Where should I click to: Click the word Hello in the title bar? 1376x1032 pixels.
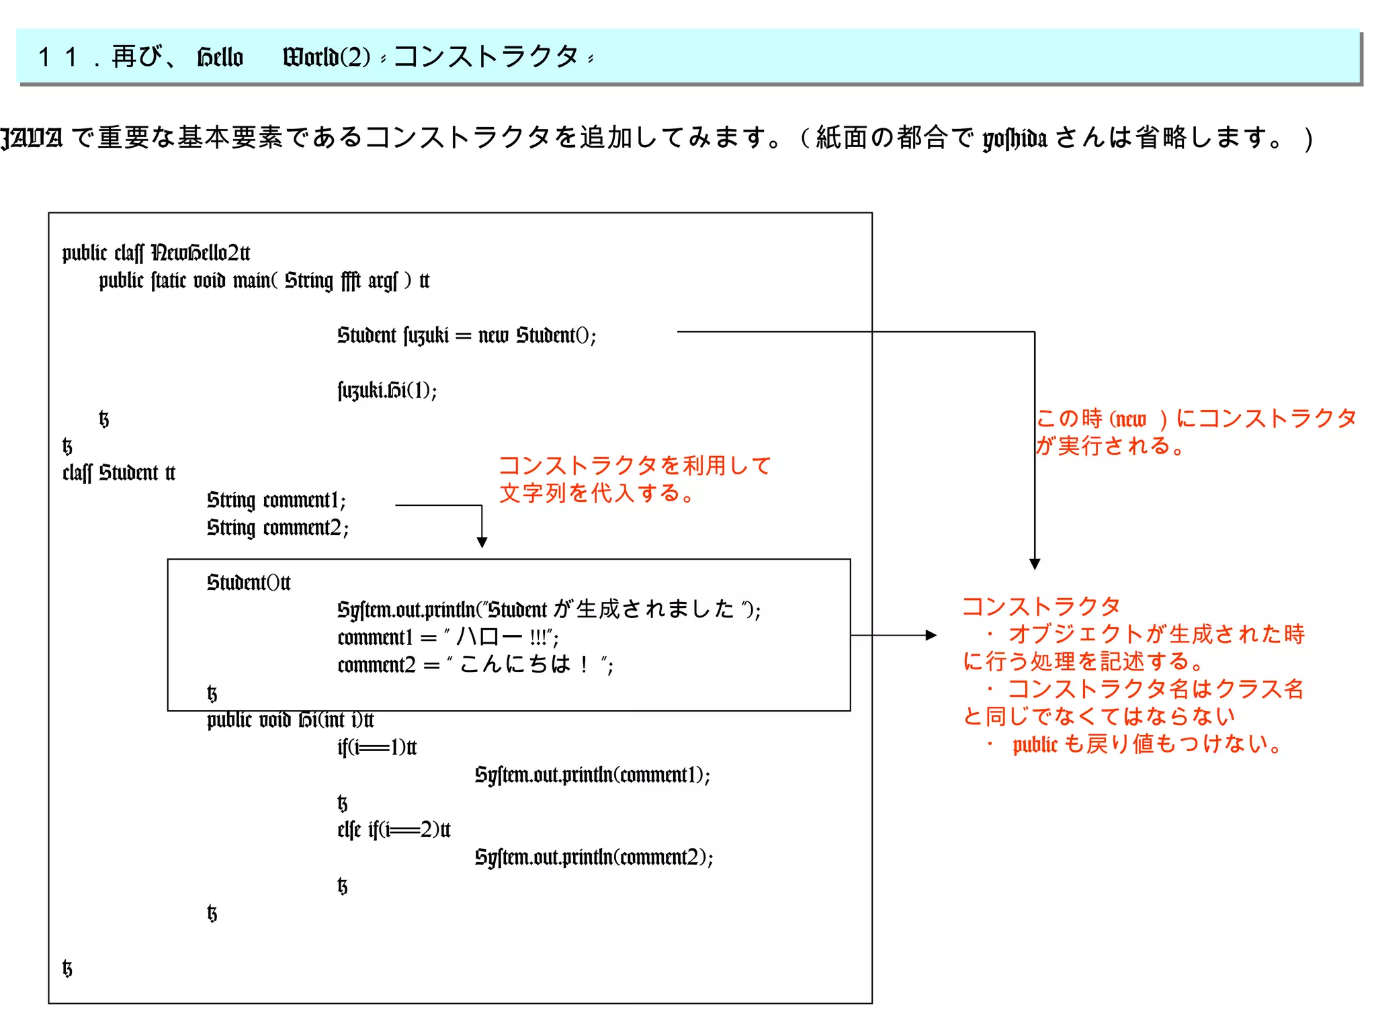220,57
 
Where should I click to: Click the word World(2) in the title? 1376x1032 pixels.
327,57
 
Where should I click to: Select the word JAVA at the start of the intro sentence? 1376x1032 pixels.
32,138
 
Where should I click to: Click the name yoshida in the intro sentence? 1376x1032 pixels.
1015,138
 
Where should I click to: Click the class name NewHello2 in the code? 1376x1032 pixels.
200,253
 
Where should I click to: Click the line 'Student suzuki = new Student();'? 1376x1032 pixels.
466,335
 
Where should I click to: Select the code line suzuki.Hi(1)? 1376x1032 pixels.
387,390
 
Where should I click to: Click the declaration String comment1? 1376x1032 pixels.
276,500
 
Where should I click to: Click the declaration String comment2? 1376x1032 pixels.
277,527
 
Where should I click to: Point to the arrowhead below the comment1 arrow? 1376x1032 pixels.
482,542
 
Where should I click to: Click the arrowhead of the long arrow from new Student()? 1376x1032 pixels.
1035,564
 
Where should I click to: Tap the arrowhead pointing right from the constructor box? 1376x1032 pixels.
931,635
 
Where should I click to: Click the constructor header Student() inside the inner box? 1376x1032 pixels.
249,582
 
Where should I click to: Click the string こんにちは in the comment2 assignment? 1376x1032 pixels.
516,664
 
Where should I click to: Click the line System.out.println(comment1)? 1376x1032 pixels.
592,775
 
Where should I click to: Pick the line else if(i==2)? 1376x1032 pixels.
394,830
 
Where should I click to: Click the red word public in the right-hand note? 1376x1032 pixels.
1035,744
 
